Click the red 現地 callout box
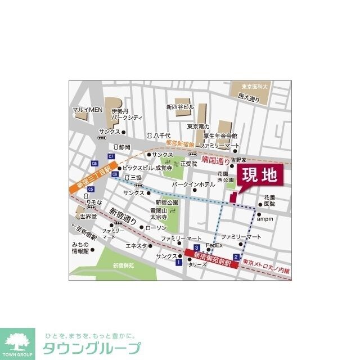(x=259, y=176)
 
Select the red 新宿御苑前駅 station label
(x=211, y=256)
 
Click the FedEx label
(x=214, y=246)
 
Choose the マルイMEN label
(x=87, y=110)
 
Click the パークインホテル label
(x=193, y=184)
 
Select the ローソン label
(x=156, y=228)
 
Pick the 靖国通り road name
(x=215, y=160)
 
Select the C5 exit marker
(x=91, y=190)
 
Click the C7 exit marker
(x=111, y=156)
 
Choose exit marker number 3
(x=196, y=247)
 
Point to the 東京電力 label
(x=199, y=126)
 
